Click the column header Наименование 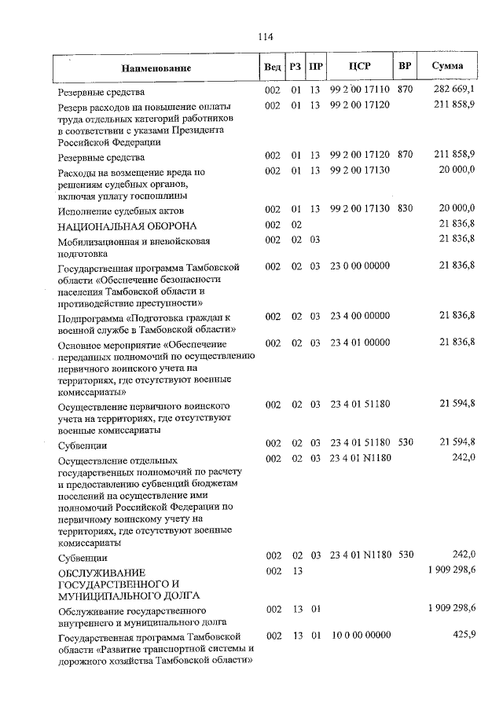click(156, 69)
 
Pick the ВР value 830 click(405, 208)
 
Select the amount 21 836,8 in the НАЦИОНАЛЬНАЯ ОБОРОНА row click(457, 225)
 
